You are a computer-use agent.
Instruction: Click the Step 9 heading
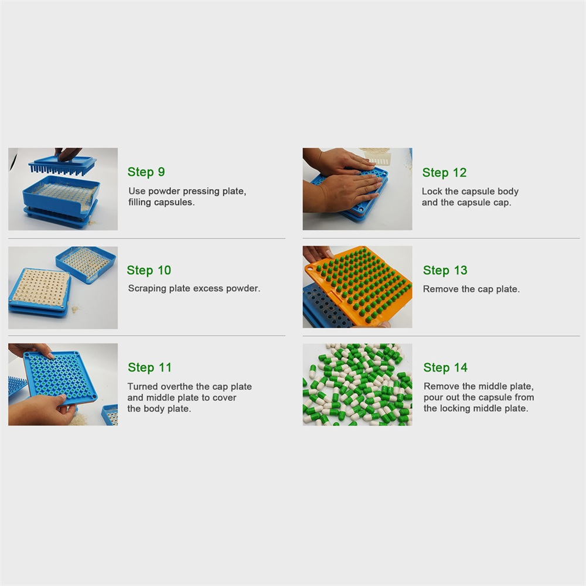[146, 172]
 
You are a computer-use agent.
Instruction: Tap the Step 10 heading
[149, 270]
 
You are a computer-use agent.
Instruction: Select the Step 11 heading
[149, 367]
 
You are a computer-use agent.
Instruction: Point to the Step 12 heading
[444, 173]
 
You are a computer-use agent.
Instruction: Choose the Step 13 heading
[445, 270]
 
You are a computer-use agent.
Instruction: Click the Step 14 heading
[445, 367]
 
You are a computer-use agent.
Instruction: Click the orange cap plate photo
[357, 287]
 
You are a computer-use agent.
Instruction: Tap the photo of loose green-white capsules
[357, 384]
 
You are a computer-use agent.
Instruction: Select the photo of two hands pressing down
[357, 189]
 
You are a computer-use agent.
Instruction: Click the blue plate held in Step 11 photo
[60, 377]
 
